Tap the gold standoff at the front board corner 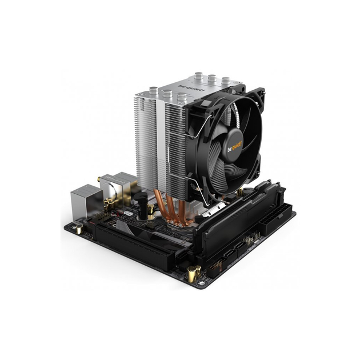click(x=192, y=273)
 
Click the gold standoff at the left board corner click(x=78, y=229)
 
